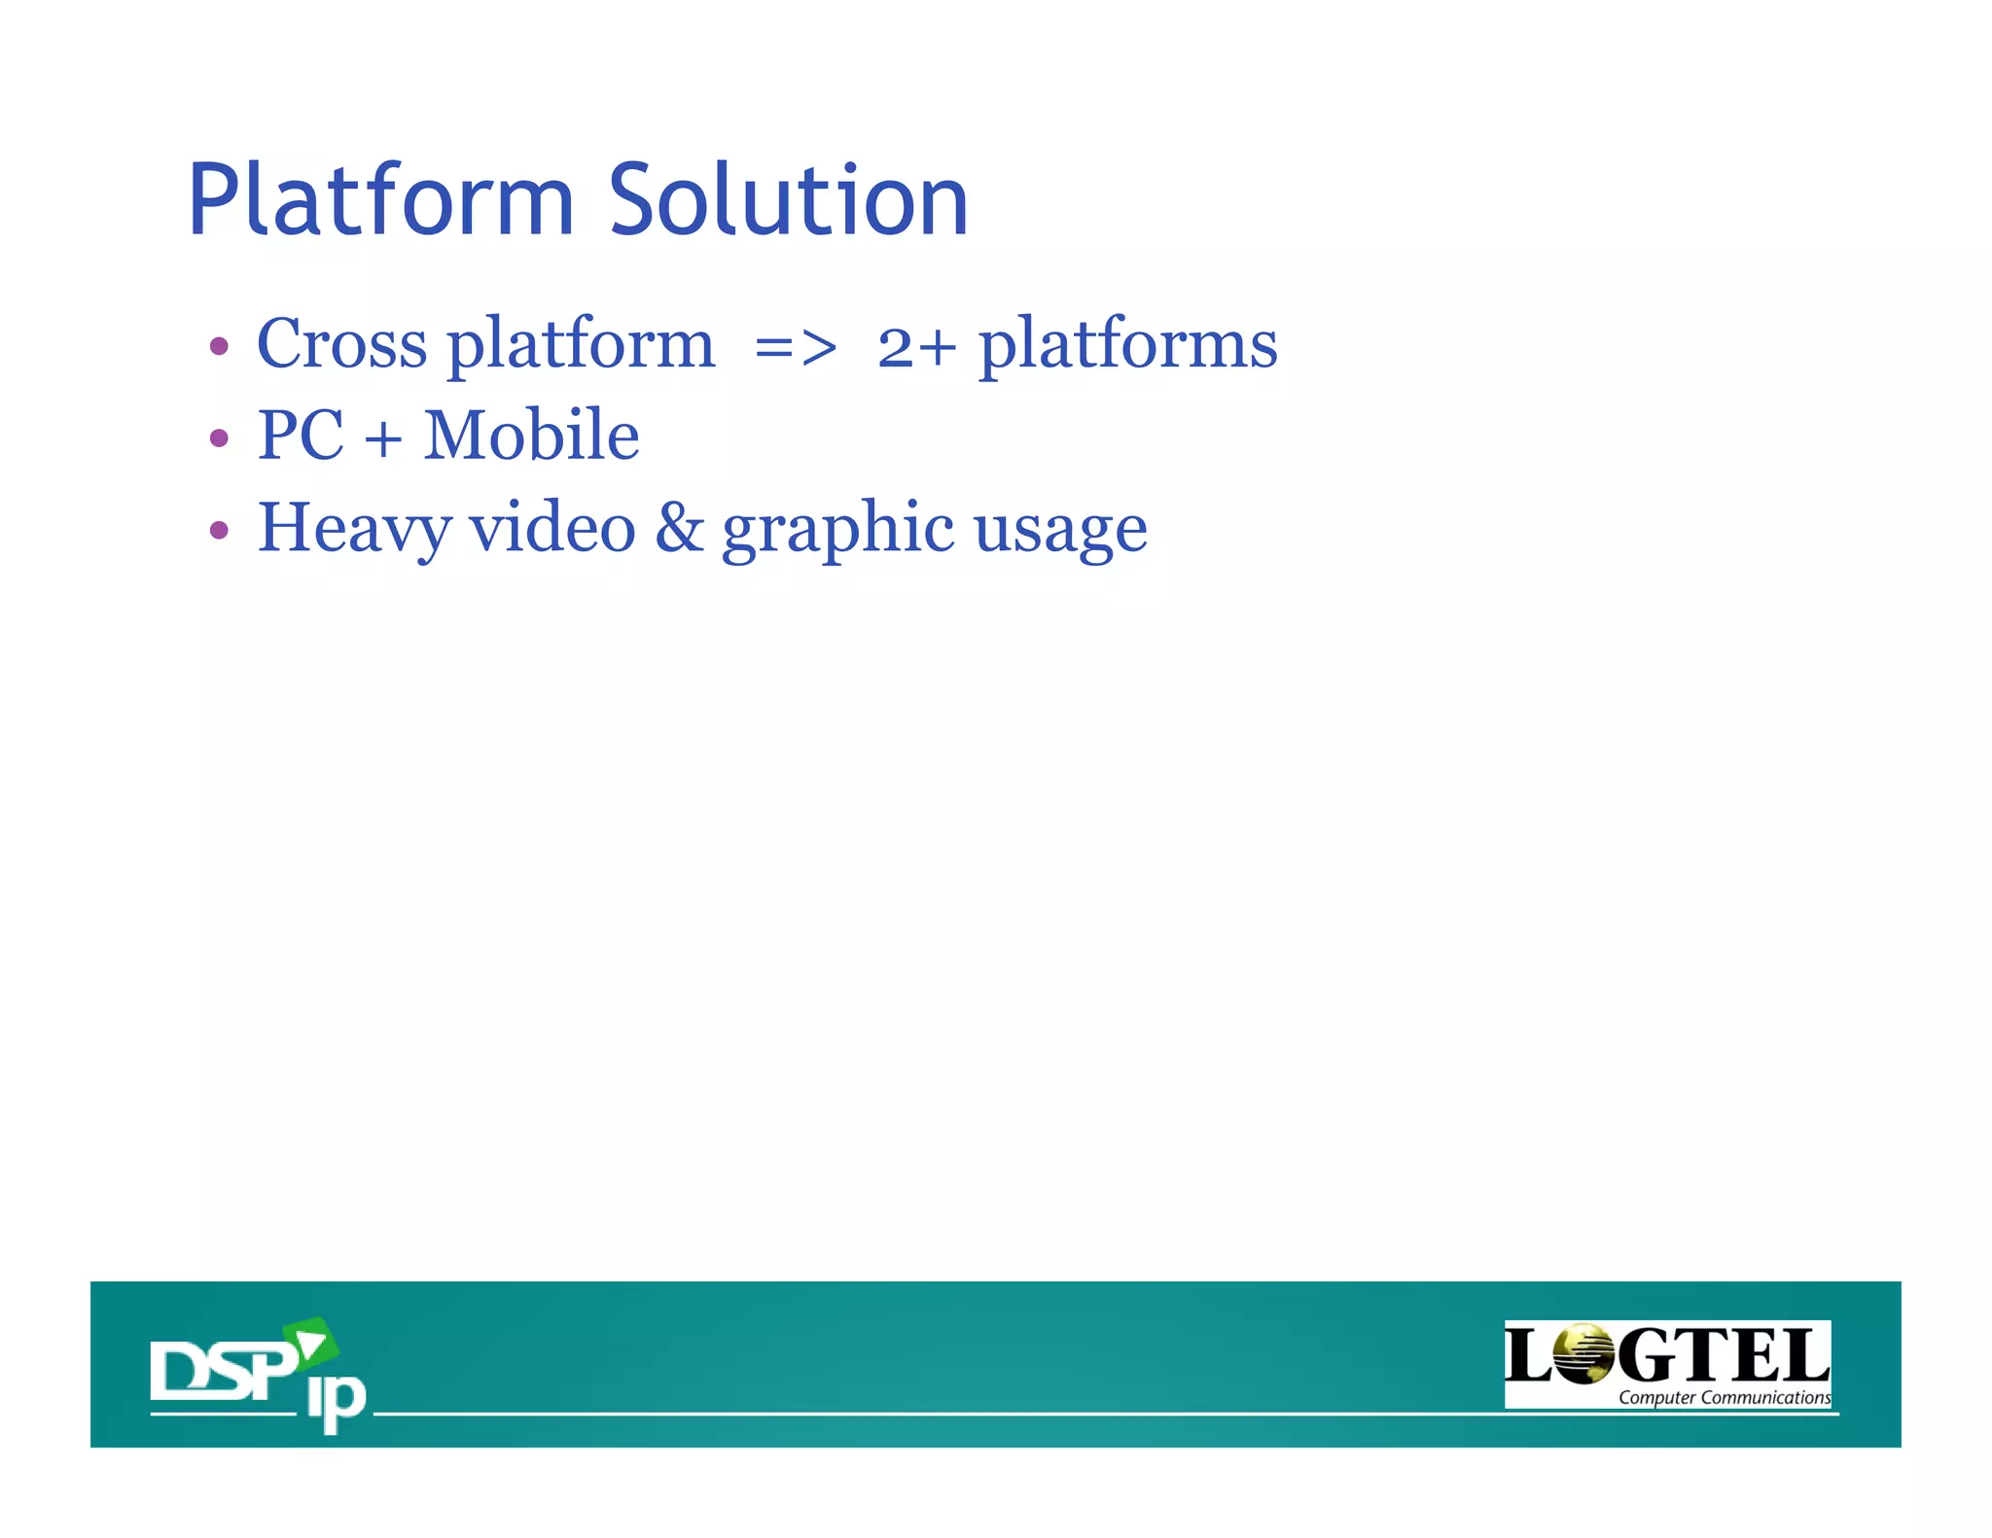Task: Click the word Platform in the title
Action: (x=380, y=200)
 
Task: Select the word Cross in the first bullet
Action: (x=341, y=344)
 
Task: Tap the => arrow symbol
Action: (x=795, y=348)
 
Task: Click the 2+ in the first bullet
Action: (x=916, y=347)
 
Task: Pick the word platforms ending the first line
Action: (x=1127, y=346)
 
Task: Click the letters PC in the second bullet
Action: (x=301, y=436)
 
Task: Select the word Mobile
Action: (x=531, y=436)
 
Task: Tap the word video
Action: (x=552, y=528)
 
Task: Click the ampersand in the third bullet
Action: (x=679, y=528)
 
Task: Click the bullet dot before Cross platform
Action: (x=219, y=347)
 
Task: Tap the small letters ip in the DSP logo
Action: (x=337, y=1400)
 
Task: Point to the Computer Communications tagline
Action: (x=1724, y=1398)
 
